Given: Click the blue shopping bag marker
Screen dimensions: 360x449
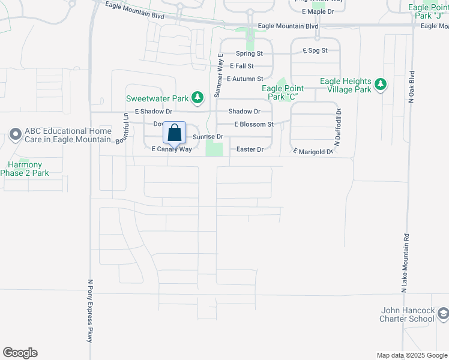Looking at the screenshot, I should point(174,133).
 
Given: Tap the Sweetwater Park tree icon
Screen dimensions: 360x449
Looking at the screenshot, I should point(197,98).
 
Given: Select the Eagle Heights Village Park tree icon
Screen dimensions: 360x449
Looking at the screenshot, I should point(379,85).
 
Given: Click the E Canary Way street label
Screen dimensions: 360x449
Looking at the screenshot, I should point(172,149).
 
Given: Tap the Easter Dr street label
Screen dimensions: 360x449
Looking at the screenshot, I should point(250,149).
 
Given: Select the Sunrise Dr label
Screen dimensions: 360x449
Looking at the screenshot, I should point(208,137).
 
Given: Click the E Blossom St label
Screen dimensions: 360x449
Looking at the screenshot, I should point(253,124).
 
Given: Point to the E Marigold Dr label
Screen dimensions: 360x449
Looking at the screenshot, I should point(313,152).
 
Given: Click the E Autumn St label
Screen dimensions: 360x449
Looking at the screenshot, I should point(245,79).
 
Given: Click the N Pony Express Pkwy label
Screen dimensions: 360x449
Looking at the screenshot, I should point(91,311).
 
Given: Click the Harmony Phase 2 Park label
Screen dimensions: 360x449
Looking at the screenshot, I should point(25,169).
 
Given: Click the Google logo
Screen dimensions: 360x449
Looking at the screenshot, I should point(20,353).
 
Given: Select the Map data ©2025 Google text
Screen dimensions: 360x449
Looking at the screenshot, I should point(412,355).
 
